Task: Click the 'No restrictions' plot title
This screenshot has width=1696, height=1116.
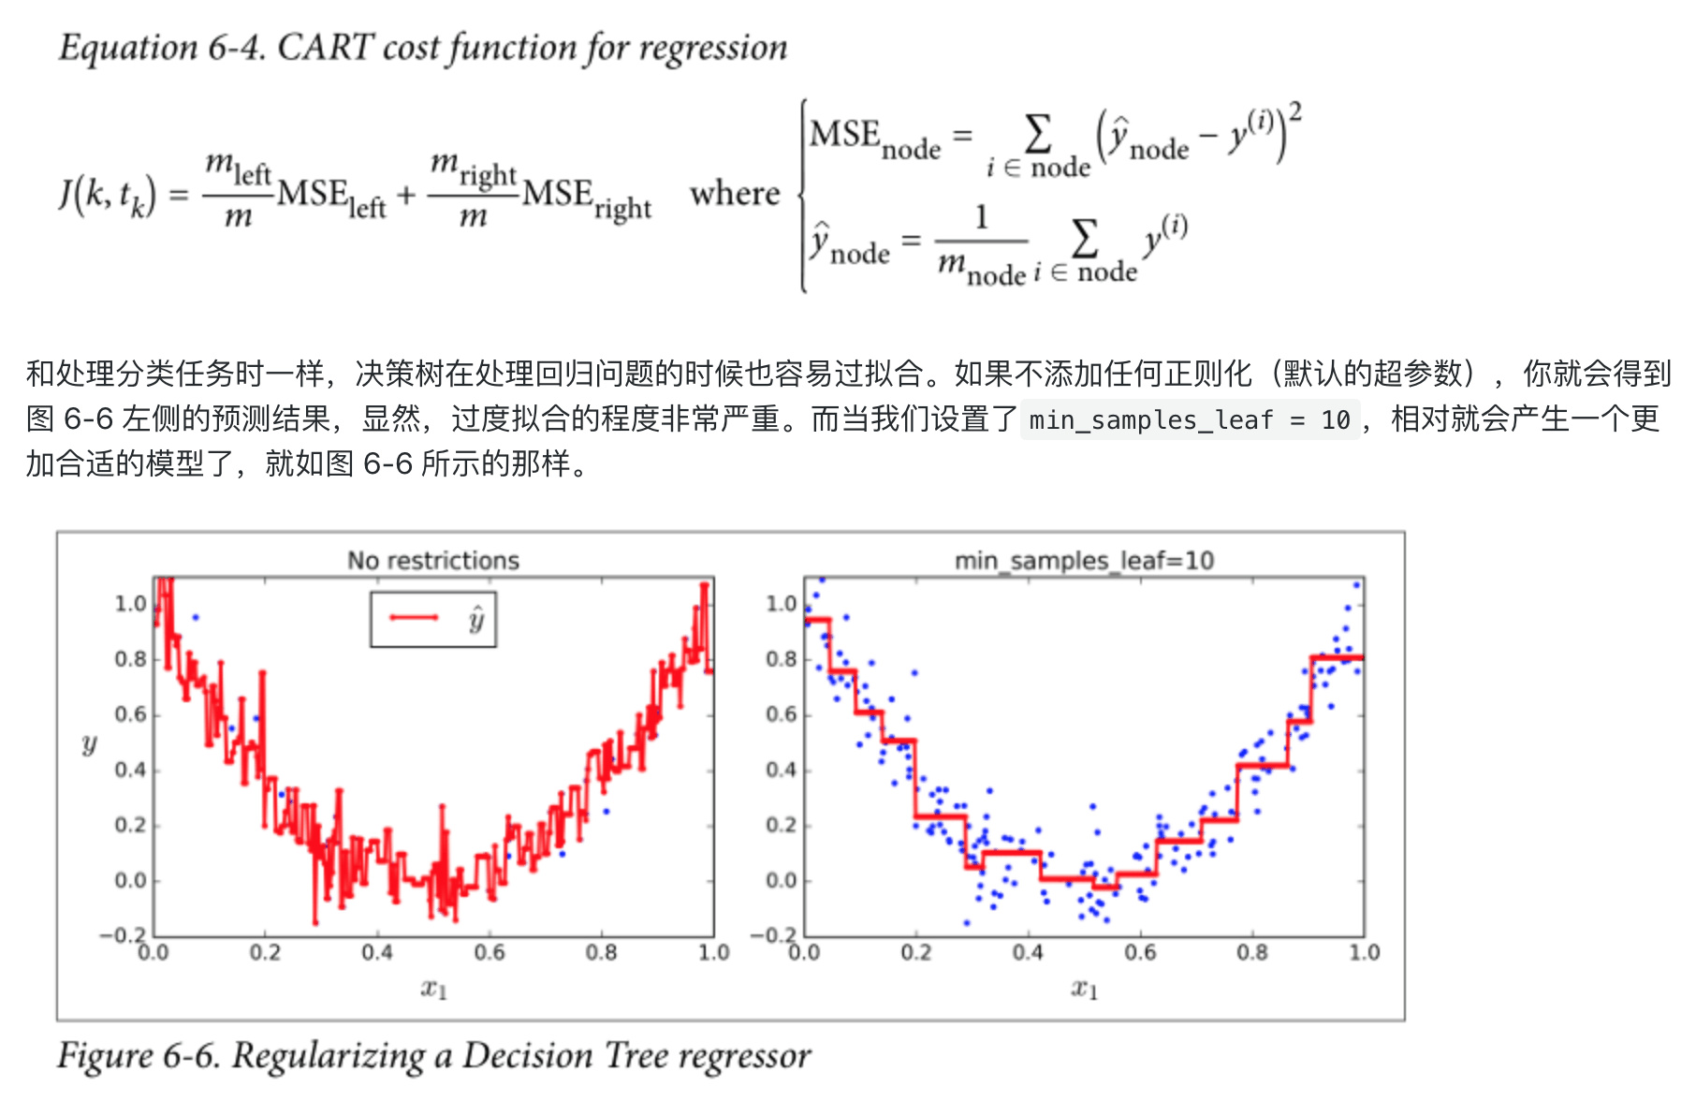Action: pos(432,560)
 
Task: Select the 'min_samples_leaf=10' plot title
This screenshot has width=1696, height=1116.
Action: pos(1084,560)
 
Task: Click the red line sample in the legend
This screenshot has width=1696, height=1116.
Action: pos(414,617)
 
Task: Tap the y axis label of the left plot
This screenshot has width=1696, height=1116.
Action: pos(89,744)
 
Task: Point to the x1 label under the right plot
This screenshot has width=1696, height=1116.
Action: pos(1085,988)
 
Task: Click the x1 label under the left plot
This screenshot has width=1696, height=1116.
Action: pos(433,988)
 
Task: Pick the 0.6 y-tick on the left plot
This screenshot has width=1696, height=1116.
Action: pos(131,714)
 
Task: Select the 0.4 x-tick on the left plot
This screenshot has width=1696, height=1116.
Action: pos(377,952)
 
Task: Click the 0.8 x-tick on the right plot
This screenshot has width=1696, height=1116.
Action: pos(1252,952)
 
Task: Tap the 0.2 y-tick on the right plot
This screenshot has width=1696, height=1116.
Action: pos(782,825)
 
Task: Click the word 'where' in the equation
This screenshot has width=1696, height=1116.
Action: pos(735,194)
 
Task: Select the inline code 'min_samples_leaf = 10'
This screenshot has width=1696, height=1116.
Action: pos(1189,419)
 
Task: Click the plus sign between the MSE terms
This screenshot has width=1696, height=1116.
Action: pos(406,196)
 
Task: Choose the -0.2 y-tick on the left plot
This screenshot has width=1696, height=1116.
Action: pos(124,935)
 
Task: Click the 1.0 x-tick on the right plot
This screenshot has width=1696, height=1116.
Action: pos(1364,952)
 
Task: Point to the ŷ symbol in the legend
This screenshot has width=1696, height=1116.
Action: pos(476,619)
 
